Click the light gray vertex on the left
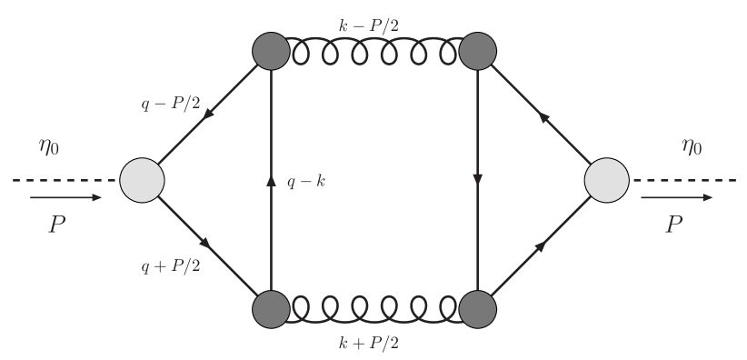click(x=142, y=179)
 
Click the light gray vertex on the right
click(x=607, y=179)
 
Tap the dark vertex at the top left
click(x=271, y=51)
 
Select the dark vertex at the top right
click(x=477, y=51)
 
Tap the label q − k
click(x=306, y=182)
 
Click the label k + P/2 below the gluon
click(x=373, y=343)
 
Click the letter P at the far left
click(x=56, y=225)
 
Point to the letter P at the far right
click(x=674, y=225)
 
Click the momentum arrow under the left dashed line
click(x=65, y=196)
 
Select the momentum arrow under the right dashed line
click(x=682, y=196)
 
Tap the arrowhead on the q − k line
click(x=271, y=180)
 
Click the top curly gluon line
click(x=373, y=54)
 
